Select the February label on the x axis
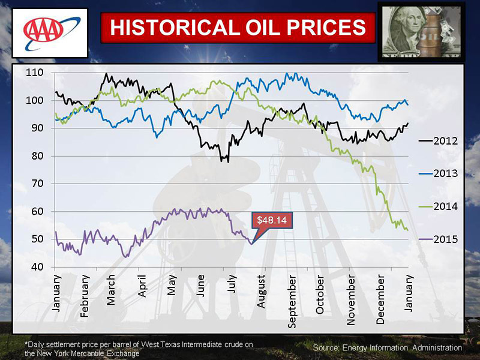point(85,296)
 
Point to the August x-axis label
point(262,292)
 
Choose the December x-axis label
point(380,298)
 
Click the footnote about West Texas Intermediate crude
point(139,348)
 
